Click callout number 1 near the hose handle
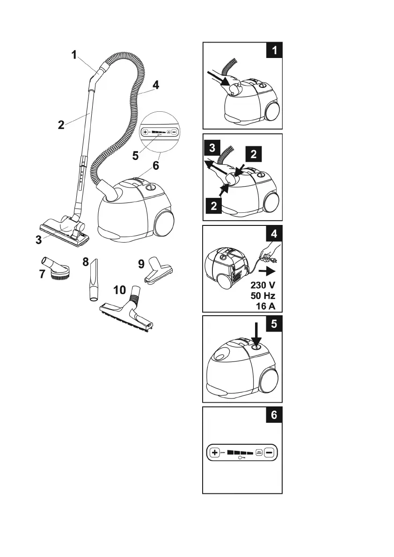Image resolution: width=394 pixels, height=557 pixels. (74, 55)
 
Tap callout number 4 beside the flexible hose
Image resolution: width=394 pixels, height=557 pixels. (156, 86)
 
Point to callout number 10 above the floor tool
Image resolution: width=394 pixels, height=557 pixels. (120, 290)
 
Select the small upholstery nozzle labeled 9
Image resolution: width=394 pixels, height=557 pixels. (159, 271)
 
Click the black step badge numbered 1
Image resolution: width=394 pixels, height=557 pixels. (274, 50)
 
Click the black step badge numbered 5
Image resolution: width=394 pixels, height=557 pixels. (274, 324)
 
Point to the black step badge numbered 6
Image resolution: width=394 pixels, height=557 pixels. (274, 415)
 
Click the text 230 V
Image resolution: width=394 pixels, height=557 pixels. (260, 285)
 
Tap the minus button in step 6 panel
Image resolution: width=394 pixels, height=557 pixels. (270, 453)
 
